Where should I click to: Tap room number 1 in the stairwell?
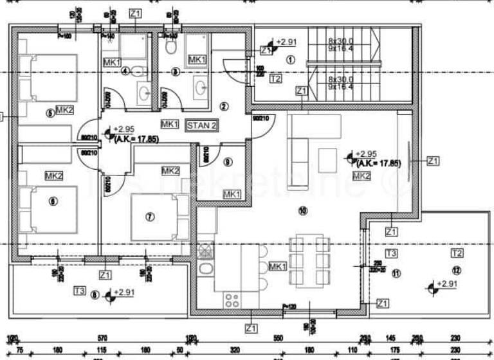[289, 60]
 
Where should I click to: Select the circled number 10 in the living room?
[304, 210]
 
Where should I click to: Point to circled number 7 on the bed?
[150, 217]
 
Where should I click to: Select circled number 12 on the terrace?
[456, 269]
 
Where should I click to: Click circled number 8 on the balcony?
[95, 296]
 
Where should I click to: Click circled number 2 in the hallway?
[224, 106]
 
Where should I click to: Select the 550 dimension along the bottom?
[278, 338]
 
